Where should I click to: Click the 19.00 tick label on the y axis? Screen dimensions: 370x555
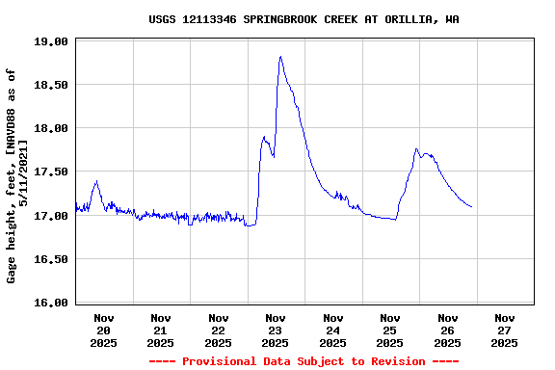(x=51, y=41)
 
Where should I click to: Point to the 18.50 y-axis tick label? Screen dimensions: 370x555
(x=51, y=85)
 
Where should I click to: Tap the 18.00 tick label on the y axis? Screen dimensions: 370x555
(x=51, y=128)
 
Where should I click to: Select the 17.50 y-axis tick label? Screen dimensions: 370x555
(x=51, y=172)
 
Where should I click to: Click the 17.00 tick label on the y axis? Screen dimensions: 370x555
(x=51, y=216)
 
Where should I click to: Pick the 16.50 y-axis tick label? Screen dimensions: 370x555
(x=51, y=259)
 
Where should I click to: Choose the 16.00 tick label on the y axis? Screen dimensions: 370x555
(x=51, y=303)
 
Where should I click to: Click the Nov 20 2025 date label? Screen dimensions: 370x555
(x=104, y=330)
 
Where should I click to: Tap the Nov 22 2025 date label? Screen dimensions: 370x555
(x=219, y=330)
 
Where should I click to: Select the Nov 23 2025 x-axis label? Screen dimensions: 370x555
(x=276, y=330)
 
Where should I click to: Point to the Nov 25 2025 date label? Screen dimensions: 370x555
(x=390, y=330)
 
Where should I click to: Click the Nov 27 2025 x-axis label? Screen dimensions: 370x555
(x=504, y=330)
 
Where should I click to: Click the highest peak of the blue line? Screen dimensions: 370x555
(x=280, y=57)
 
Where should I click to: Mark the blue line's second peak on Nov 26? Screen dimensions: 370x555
(x=416, y=149)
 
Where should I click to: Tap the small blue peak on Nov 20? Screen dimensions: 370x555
(x=96, y=181)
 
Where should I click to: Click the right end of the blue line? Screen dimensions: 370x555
(x=471, y=206)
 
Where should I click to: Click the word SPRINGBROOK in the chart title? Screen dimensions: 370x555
(x=281, y=19)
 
